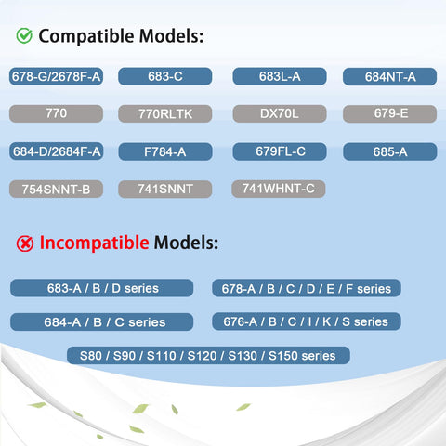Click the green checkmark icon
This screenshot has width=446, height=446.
coord(24,35)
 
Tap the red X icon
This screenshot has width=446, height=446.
coord(25,243)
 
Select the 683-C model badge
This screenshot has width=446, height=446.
coord(165,76)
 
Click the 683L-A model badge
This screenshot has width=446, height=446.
coord(280,76)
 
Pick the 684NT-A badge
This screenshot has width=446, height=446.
coord(390,77)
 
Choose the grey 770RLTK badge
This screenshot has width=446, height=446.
coord(165,113)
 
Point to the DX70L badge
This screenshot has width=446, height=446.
coord(280,113)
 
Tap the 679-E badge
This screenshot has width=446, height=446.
coord(390,113)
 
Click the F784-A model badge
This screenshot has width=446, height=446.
coord(165,151)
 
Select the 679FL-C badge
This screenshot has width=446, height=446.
coord(280,151)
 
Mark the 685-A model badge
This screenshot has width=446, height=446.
coord(390,151)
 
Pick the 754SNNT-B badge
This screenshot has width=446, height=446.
coord(56,189)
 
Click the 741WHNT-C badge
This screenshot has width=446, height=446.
coord(279,189)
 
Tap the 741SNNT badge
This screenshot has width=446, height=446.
coord(165,189)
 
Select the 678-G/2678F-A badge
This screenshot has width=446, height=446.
coord(56,76)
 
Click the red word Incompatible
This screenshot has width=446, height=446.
coord(94,243)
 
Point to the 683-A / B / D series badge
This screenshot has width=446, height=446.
coord(102,288)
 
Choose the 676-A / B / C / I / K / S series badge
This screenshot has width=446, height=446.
coord(307,321)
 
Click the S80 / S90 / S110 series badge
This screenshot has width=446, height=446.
coord(208,355)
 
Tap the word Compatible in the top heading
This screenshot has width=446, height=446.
coord(86,36)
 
